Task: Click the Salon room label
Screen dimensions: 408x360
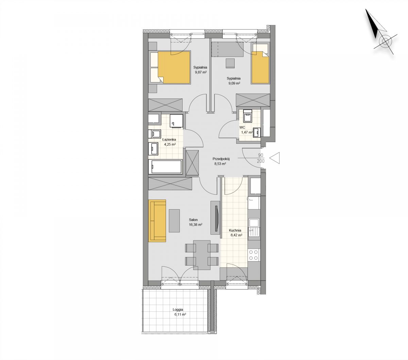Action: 193,220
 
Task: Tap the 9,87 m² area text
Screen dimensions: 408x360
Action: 201,72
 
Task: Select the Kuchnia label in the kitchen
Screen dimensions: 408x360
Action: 235,230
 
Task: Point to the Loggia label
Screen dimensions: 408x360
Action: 178,310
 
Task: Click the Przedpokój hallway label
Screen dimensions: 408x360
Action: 221,159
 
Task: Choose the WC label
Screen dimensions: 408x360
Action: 242,127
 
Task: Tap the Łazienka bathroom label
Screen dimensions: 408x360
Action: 169,139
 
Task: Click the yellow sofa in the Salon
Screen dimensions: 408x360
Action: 157,220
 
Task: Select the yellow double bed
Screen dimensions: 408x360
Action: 174,67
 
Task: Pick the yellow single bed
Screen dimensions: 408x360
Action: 260,67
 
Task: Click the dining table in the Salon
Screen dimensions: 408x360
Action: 202,255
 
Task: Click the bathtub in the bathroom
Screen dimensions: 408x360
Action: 165,167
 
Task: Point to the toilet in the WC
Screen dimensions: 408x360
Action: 248,116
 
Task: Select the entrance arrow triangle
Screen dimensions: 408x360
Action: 274,158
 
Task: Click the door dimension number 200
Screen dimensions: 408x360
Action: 260,161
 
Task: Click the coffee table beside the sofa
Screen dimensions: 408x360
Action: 174,221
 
